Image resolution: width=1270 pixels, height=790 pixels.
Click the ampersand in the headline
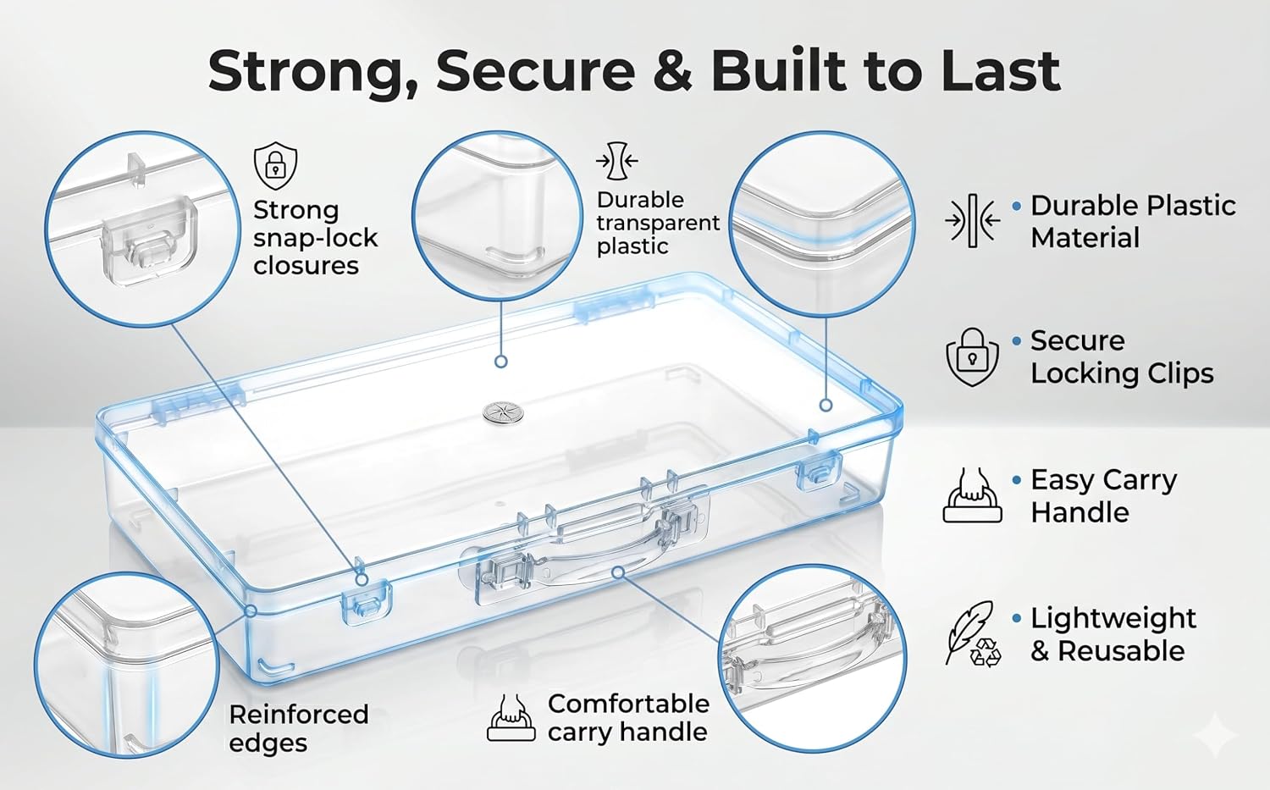point(672,71)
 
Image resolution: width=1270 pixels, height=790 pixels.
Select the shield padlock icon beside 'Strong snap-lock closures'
point(275,166)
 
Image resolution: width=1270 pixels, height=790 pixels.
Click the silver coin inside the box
point(504,412)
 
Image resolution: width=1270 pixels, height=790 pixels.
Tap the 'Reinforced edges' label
point(298,729)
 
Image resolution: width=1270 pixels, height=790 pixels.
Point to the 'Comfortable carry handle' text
point(628,718)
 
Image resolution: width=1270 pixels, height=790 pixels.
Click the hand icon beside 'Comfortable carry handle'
point(511,717)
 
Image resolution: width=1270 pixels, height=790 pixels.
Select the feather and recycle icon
point(973,633)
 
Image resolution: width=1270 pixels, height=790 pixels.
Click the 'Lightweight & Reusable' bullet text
point(1113,634)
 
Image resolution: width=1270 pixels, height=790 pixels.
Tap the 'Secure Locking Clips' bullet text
point(1122,356)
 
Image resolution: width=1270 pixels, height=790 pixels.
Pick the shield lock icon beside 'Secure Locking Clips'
point(972,357)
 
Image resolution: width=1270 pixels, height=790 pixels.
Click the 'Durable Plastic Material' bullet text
point(1133,222)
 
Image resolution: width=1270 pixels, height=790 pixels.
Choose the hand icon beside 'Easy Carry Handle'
point(972,495)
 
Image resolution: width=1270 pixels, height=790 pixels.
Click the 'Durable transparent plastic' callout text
point(658,223)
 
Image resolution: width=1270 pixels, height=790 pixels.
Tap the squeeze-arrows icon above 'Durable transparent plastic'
point(617,161)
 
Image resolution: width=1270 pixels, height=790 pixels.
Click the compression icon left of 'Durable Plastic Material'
point(972,221)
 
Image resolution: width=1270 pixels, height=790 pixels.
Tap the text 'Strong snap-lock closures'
point(315,238)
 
